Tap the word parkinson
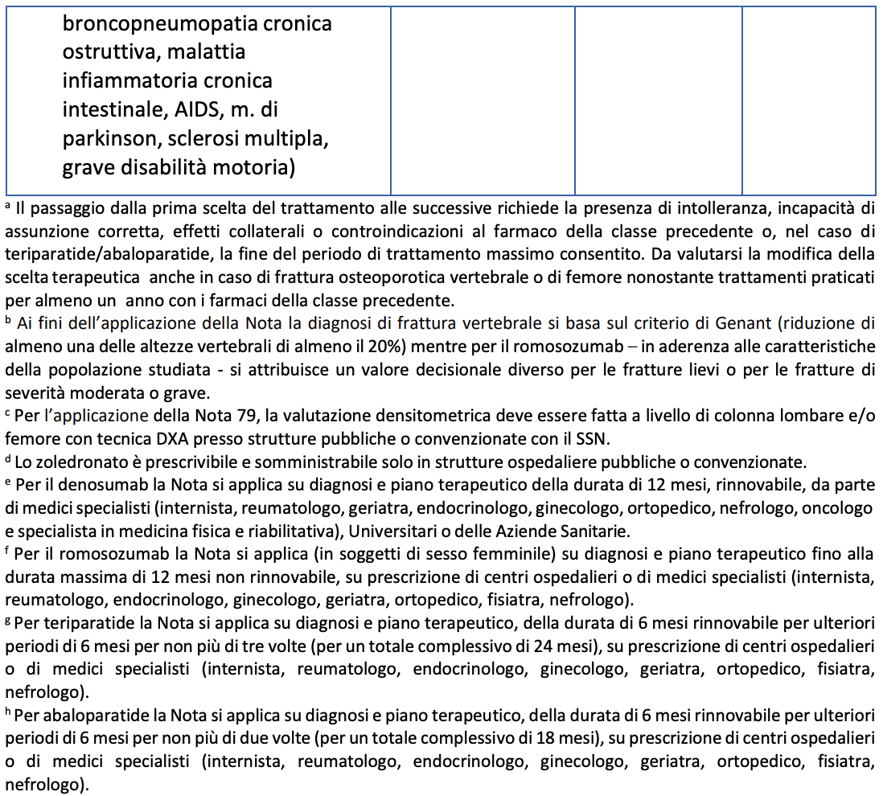[x=113, y=139]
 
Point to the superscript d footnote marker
[x=8, y=459]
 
